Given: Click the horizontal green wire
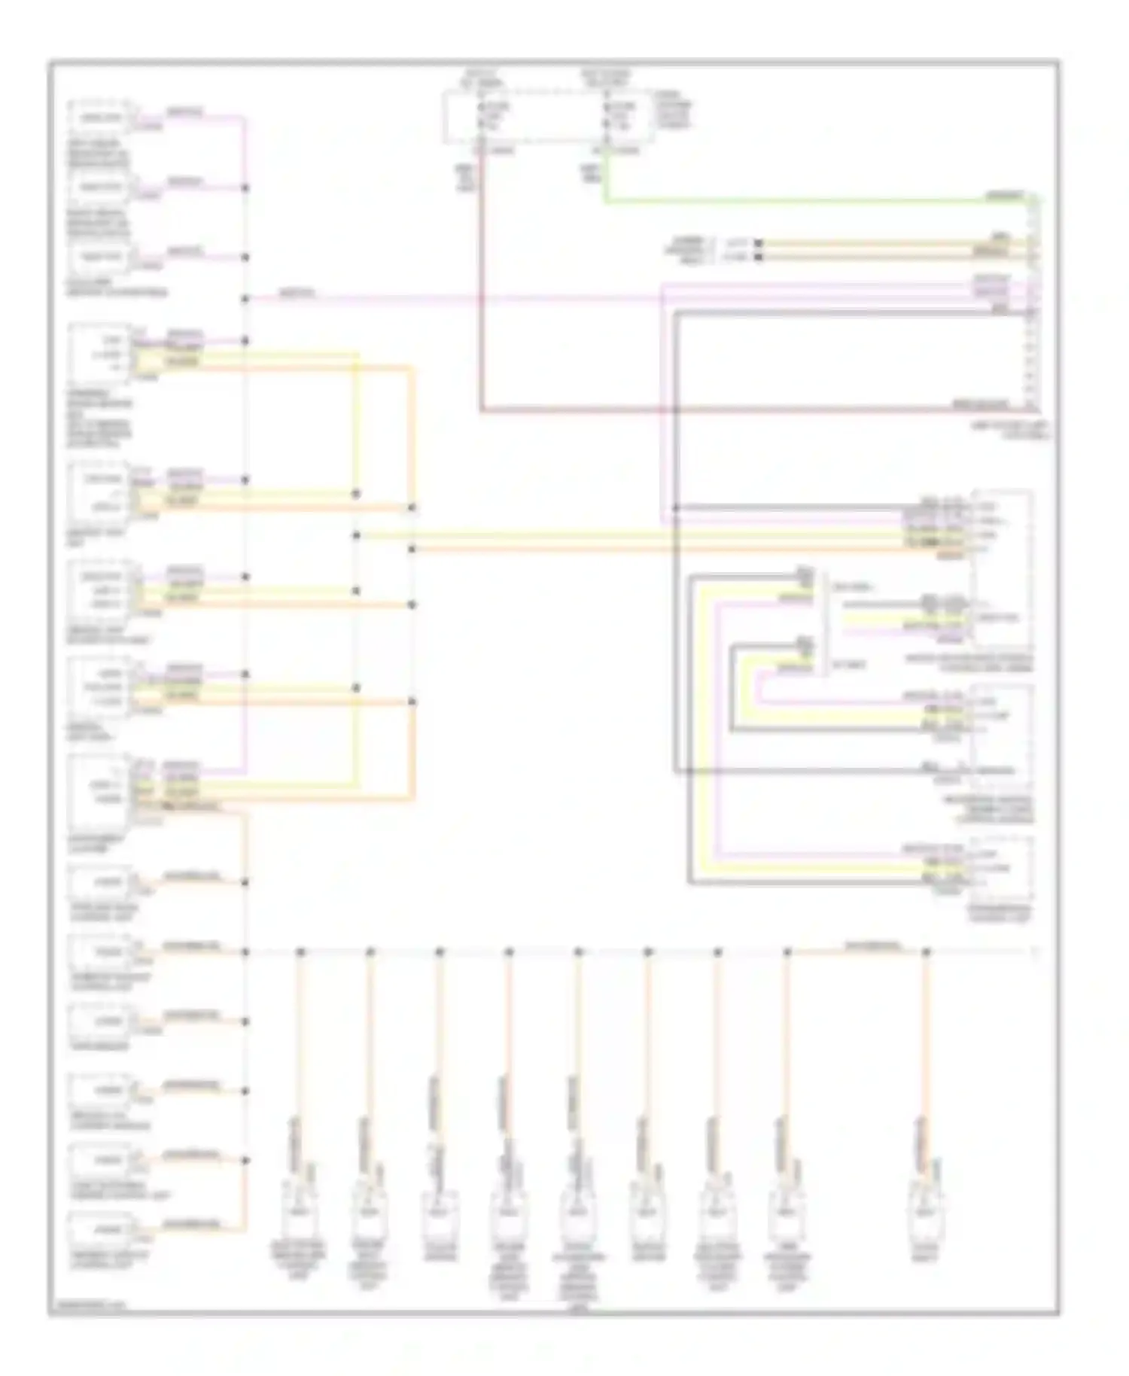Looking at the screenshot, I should (813, 201).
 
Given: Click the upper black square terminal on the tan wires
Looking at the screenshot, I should (759, 243).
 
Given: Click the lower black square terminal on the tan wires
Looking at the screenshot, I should (759, 257).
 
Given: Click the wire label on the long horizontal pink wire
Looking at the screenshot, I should (297, 293).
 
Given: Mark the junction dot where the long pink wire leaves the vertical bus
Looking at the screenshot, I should (245, 299).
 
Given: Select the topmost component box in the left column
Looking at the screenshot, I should (100, 117).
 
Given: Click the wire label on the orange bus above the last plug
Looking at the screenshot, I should (873, 944).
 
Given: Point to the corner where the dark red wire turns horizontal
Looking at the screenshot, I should (481, 411).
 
